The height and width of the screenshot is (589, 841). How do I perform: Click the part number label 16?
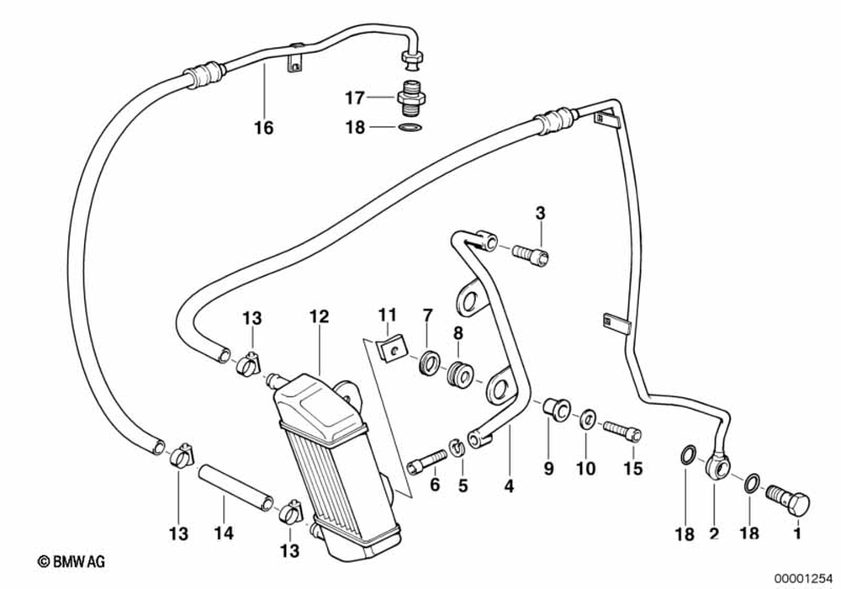pyautogui.click(x=263, y=128)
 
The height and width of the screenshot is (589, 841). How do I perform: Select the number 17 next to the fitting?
pyautogui.click(x=354, y=98)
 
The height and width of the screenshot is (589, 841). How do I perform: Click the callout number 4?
pyautogui.click(x=507, y=487)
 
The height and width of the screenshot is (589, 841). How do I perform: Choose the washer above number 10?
pyautogui.click(x=588, y=417)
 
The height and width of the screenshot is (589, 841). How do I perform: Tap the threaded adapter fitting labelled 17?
pyautogui.click(x=411, y=98)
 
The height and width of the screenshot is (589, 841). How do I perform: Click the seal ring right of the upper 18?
pyautogui.click(x=410, y=128)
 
